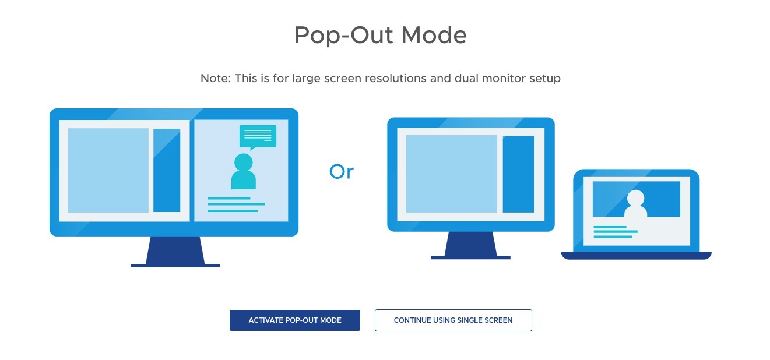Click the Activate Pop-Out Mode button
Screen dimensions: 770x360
pos(295,320)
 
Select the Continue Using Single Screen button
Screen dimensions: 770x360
pos(453,320)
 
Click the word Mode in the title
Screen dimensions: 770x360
pos(434,35)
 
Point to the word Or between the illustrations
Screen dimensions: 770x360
pos(342,171)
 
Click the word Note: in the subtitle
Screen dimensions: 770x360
pos(216,78)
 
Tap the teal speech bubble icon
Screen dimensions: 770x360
pos(258,137)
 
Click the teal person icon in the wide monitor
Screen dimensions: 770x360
pos(244,172)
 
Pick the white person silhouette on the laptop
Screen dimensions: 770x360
pos(635,203)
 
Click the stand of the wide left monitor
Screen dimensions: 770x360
pos(175,252)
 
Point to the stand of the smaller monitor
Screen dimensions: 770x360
pos(470,245)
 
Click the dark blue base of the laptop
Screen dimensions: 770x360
pos(637,256)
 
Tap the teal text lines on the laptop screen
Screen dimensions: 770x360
pos(616,232)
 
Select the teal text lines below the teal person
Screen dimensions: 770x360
pos(236,204)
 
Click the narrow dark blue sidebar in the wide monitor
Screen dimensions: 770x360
pos(167,170)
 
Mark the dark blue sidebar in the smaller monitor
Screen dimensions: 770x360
pos(518,174)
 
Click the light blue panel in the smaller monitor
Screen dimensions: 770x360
pos(451,174)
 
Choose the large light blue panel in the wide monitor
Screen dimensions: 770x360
pos(108,170)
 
